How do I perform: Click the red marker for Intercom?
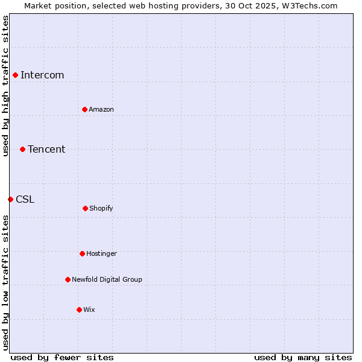15,75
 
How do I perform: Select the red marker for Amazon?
84,109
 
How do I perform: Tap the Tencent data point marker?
22,149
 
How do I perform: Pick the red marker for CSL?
10,199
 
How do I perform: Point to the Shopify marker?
85,208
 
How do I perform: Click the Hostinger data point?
82,253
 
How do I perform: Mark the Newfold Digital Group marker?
68,279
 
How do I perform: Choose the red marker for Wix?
79,310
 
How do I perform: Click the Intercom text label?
42,75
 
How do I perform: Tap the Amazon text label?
101,109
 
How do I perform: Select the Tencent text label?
46,149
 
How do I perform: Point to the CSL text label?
25,199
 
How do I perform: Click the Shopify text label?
101,208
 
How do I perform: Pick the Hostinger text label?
101,253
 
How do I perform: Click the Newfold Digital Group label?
107,279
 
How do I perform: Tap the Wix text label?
89,310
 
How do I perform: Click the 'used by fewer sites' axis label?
62,357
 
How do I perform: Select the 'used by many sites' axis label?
303,357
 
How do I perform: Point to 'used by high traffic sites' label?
5,86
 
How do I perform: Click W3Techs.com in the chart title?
308,5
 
